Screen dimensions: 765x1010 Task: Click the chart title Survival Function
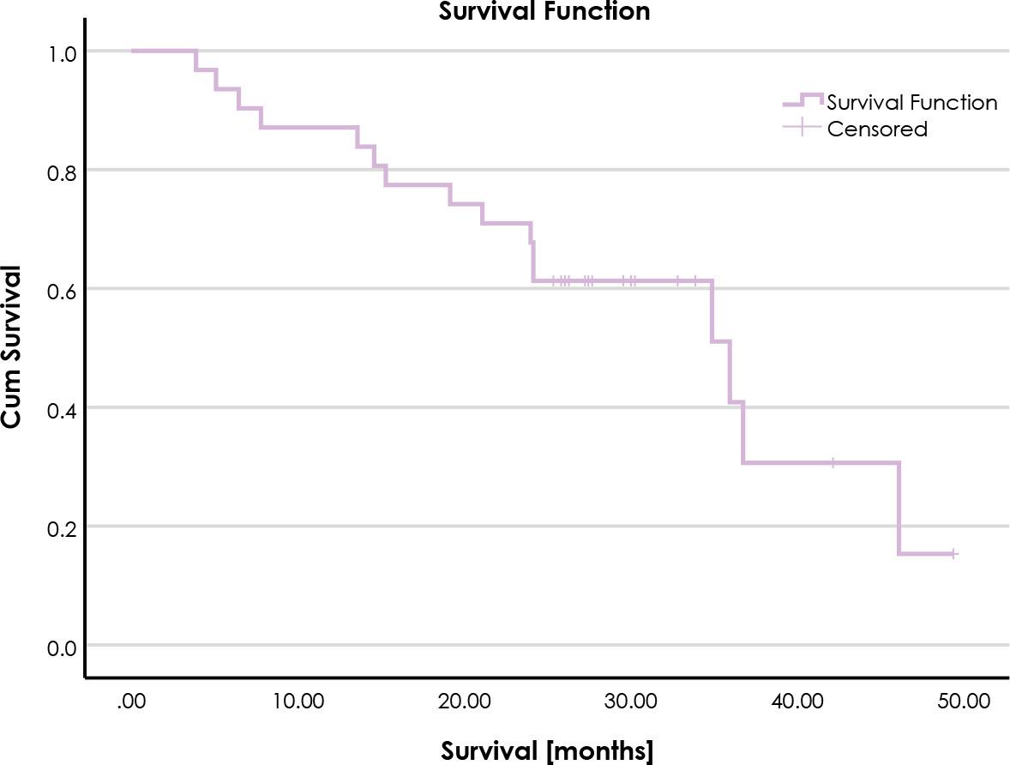point(544,11)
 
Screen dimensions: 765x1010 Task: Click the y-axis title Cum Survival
point(12,346)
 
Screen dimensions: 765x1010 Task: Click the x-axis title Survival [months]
point(547,750)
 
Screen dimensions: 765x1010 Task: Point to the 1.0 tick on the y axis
point(63,52)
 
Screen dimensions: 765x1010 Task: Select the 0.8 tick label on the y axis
point(63,172)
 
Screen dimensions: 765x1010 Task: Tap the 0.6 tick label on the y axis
point(63,290)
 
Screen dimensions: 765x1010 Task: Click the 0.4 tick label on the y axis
point(63,409)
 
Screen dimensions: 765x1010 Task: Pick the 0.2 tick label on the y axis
point(63,527)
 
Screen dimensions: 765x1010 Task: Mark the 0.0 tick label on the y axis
point(63,647)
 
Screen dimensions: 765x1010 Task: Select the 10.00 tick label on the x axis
point(298,702)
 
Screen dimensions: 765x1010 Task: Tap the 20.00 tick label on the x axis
point(464,702)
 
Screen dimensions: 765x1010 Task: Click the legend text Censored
point(877,130)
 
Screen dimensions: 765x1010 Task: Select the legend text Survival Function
point(911,103)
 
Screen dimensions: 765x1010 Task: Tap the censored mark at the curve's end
point(953,554)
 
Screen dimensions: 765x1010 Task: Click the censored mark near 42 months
point(833,463)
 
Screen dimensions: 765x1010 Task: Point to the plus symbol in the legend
point(802,129)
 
